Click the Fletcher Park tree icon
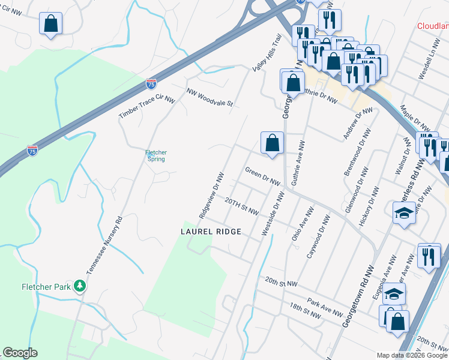coord(79,286)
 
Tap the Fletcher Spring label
coord(155,156)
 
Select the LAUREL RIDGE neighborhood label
coord(211,231)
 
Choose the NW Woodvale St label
coord(209,98)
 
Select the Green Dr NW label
coord(263,176)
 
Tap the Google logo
coord(20,353)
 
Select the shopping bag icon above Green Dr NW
coord(272,143)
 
